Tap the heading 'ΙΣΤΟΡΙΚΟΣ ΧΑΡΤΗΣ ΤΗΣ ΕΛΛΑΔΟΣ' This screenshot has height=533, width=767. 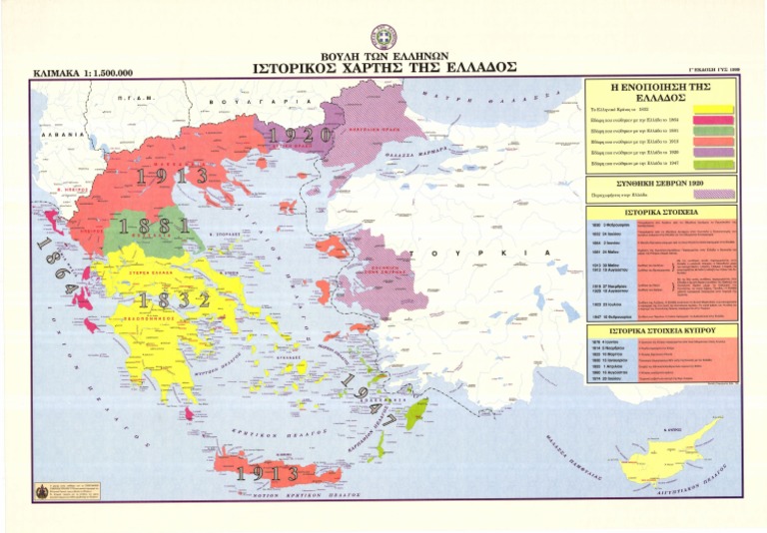(x=384, y=68)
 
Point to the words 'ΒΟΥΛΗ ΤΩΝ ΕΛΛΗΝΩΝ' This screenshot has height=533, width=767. (x=384, y=54)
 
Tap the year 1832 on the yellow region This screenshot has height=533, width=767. (x=174, y=299)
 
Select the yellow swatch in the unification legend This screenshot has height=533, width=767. (x=715, y=110)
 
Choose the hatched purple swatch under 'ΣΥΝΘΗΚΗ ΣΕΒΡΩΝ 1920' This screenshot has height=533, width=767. (x=715, y=195)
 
